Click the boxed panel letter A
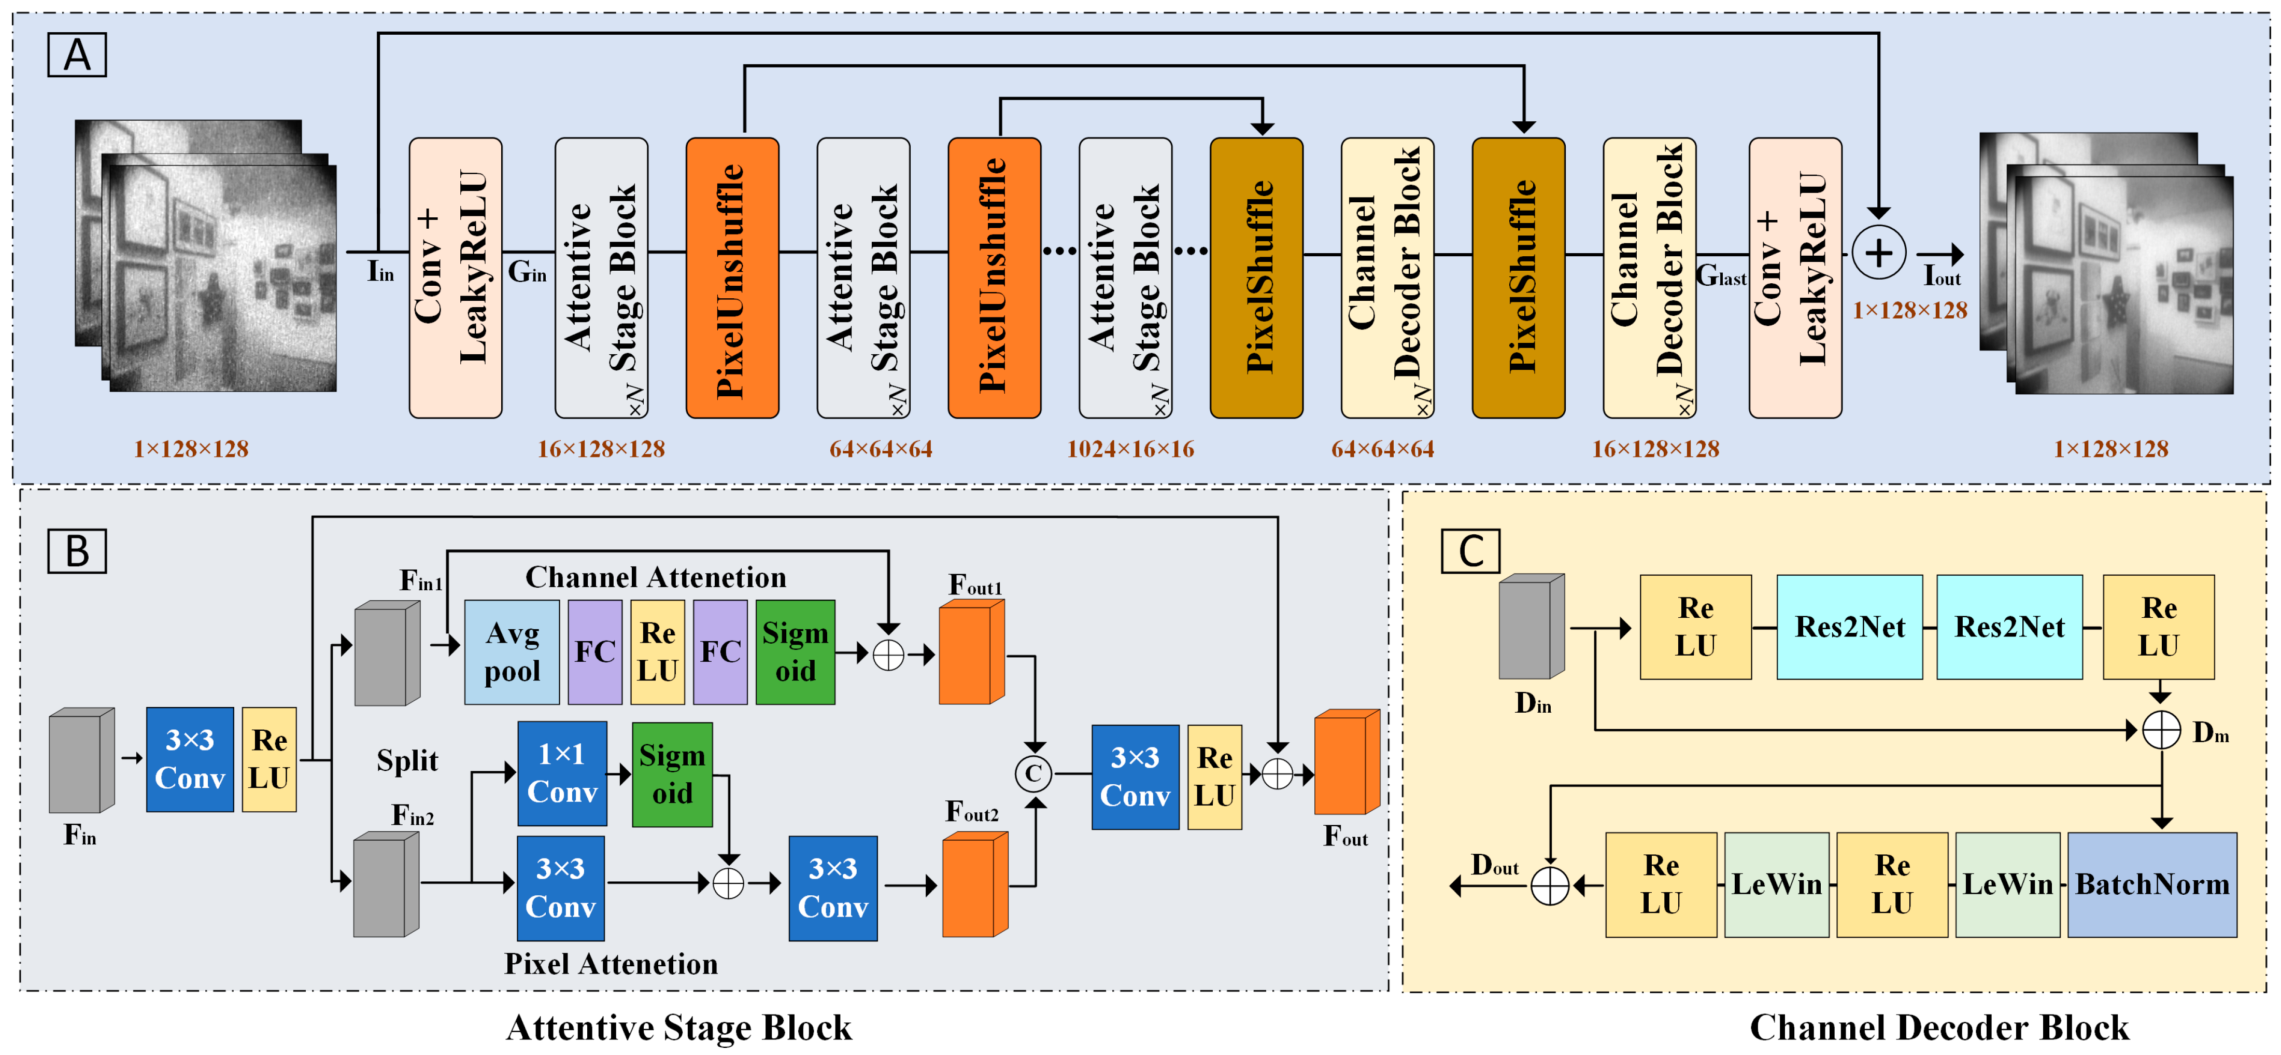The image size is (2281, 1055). pos(77,55)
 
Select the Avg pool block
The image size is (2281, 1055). pos(512,652)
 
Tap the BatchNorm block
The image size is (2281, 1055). pos(2152,884)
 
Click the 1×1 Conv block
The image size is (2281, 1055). pos(561,772)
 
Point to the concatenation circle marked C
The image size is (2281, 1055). pos(1032,773)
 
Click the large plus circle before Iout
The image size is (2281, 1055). pos(1878,253)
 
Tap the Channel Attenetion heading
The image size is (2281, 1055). pos(655,577)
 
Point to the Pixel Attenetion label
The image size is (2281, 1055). pos(611,964)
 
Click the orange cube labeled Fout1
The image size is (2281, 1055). pos(970,653)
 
